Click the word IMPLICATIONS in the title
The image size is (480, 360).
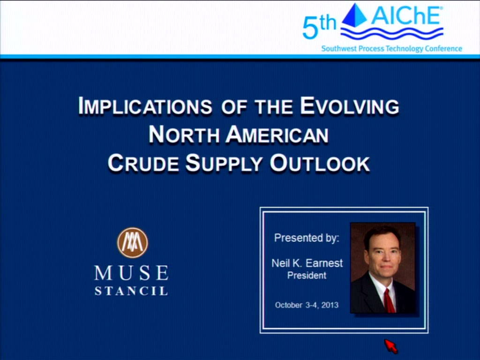pos(145,106)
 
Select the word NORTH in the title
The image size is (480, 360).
pos(184,135)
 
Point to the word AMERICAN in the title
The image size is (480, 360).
pos(277,135)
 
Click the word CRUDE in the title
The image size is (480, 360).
pos(143,163)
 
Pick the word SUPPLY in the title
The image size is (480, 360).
pos(224,163)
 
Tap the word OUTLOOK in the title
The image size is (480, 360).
pos(320,163)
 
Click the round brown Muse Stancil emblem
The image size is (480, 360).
pos(133,243)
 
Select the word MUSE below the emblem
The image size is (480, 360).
pos(131,273)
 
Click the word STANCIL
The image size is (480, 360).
pos(131,291)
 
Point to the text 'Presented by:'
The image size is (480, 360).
pos(307,238)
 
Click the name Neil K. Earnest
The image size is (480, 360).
pos(307,263)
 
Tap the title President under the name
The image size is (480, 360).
pos(307,276)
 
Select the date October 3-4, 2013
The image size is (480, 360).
pos(307,305)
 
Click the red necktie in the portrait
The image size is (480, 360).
pos(389,301)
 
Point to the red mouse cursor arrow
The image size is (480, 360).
pos(391,346)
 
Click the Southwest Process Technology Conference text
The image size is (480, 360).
pos(391,48)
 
